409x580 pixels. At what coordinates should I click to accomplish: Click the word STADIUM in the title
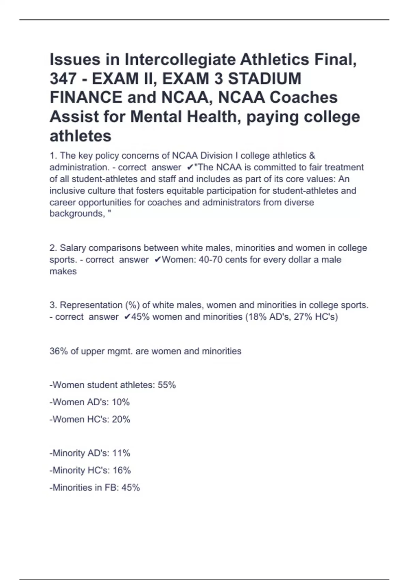coord(264,78)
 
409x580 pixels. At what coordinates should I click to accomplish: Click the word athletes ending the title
coord(80,136)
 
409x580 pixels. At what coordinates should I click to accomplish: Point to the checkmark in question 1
coord(190,168)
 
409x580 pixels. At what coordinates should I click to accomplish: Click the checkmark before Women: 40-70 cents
coord(158,260)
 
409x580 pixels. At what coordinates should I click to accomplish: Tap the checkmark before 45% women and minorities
coord(127,317)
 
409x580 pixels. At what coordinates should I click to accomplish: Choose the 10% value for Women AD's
coord(121,402)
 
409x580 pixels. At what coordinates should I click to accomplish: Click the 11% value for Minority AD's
coord(121,453)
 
